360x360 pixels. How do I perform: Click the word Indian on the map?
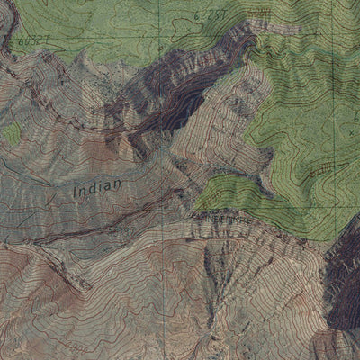pos(96,190)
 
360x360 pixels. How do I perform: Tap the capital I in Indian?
pos(75,192)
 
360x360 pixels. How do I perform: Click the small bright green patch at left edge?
pos(11,134)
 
